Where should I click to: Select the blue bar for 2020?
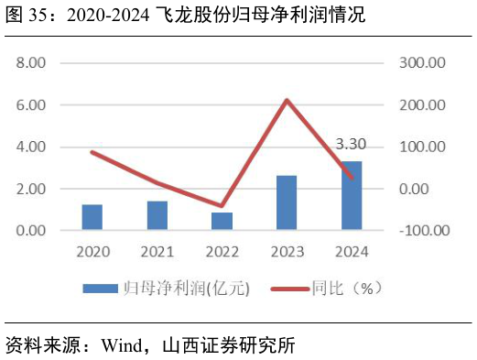(x=92, y=217)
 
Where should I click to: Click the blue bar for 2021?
(x=157, y=215)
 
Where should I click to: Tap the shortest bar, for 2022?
(x=222, y=221)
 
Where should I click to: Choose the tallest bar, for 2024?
(x=352, y=195)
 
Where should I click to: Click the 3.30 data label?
(x=352, y=144)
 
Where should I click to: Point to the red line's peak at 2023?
(x=287, y=100)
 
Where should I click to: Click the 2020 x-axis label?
(x=92, y=250)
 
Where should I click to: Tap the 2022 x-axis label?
(x=222, y=250)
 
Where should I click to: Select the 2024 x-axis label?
(x=352, y=250)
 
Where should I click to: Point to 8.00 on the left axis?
(x=31, y=63)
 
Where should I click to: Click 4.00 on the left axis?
(x=31, y=147)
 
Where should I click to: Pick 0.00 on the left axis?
(x=31, y=230)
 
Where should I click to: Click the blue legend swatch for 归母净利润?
(x=101, y=289)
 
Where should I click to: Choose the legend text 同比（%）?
(x=349, y=289)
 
